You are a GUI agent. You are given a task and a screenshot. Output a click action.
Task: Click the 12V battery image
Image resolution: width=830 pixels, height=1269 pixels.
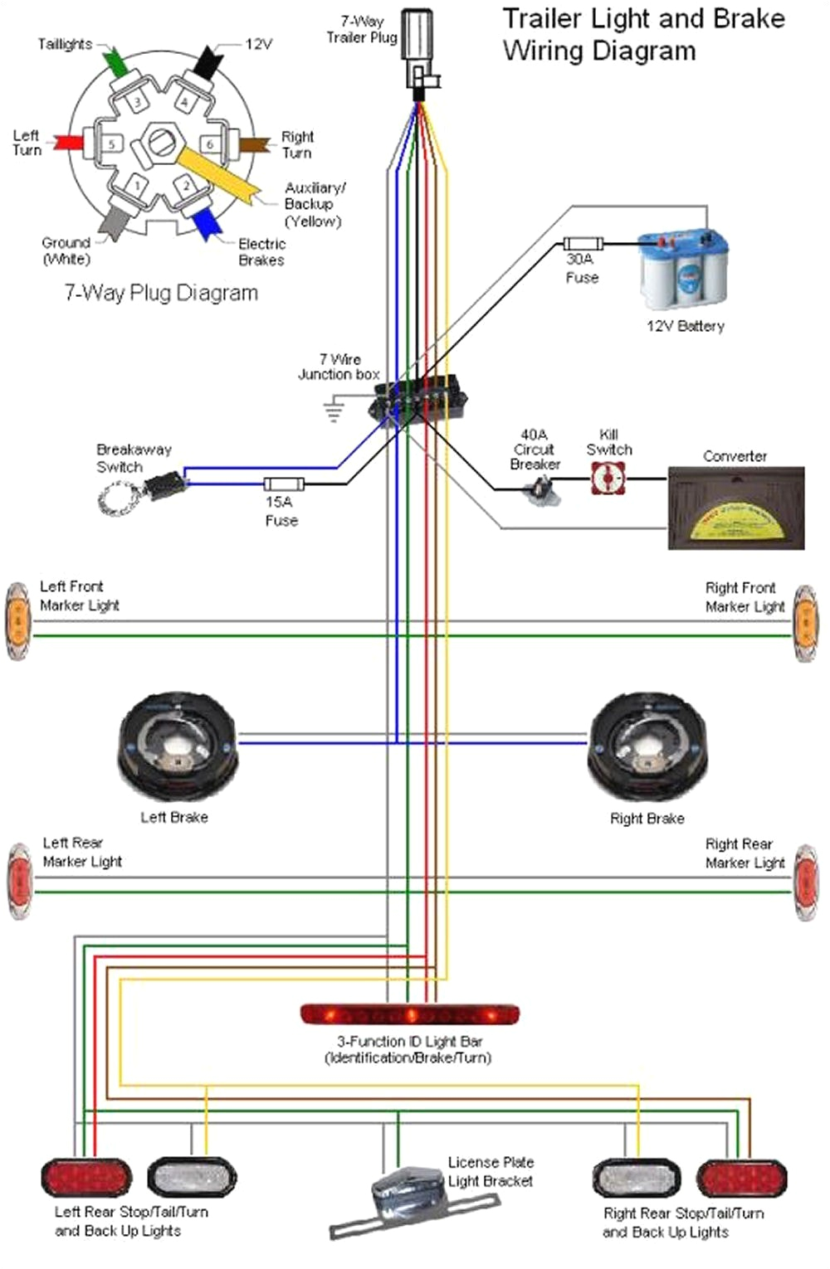(683, 271)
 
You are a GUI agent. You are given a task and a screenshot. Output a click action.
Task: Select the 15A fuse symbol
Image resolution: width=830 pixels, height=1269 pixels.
(284, 484)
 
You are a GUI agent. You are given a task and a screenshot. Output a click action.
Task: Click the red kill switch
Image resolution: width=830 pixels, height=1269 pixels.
(608, 479)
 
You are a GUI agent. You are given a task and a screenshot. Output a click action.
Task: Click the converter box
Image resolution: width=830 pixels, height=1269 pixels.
(735, 508)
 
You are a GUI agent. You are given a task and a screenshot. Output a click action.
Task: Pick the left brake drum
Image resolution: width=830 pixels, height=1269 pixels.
(177, 746)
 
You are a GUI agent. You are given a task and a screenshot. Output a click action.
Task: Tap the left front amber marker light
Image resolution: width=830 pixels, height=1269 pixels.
(17, 621)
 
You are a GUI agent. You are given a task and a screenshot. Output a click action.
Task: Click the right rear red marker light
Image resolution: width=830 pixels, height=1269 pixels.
(805, 882)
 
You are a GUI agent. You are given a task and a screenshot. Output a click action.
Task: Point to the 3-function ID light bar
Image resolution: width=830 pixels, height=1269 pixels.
(409, 1014)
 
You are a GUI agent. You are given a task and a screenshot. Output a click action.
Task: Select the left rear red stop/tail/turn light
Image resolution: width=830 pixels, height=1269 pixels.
(86, 1178)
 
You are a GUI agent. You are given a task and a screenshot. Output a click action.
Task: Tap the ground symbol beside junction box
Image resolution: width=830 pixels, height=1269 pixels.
(334, 409)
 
